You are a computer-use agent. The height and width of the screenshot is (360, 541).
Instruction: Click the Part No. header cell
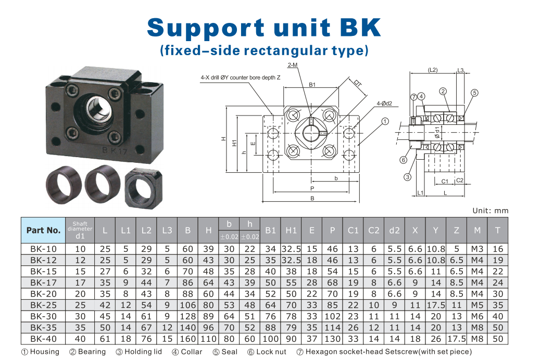(43, 230)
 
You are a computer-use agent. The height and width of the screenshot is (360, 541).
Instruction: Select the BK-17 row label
(43, 283)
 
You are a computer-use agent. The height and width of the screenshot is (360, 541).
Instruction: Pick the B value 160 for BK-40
(187, 339)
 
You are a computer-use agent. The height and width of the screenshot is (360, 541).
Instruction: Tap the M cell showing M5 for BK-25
(477, 305)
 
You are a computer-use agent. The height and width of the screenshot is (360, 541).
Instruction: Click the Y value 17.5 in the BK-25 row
(436, 305)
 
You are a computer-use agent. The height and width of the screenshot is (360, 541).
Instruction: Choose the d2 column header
(394, 230)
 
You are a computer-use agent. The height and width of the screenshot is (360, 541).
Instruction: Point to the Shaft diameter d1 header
(80, 230)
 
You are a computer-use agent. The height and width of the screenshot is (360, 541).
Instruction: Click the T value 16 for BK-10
(498, 249)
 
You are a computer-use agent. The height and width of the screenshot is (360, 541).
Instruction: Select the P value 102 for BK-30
(332, 316)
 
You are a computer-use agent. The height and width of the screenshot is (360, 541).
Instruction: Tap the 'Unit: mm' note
(490, 211)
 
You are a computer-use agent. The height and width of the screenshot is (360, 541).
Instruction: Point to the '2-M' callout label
(292, 65)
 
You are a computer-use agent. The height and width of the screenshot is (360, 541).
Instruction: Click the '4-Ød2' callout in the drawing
(384, 104)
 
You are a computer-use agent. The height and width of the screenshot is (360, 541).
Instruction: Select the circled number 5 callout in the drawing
(475, 93)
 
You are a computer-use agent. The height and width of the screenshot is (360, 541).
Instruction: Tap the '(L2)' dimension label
(433, 70)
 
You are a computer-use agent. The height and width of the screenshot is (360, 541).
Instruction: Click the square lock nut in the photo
(143, 188)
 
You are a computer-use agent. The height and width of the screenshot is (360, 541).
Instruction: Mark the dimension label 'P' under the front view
(312, 188)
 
